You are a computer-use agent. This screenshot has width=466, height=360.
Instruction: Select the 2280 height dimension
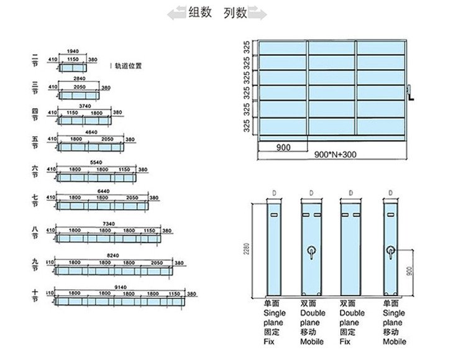point(248,250)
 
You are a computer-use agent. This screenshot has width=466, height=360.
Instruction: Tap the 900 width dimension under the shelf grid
point(283,148)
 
